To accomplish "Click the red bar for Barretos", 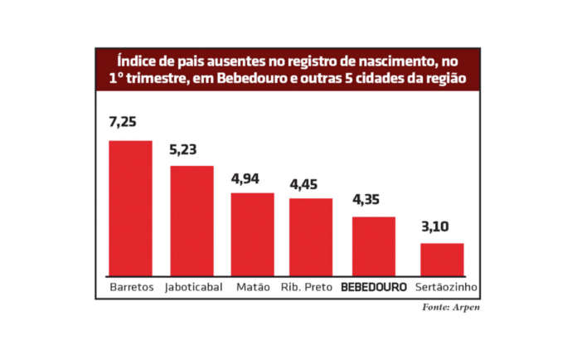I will pos(130,207).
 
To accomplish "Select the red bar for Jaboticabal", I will pos(192,220).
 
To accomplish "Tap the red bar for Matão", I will pos(252,233).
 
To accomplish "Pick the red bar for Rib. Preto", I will pos(311,236).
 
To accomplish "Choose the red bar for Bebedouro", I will pos(374,246).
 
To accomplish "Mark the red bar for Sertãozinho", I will pos(442,259).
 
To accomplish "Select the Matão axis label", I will pos(253,288).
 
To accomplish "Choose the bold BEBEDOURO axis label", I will pos(375,288).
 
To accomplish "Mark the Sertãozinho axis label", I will pos(445,288).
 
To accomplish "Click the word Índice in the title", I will pos(136,61).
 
